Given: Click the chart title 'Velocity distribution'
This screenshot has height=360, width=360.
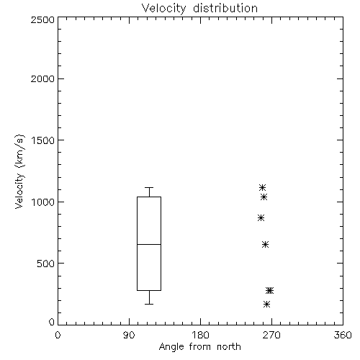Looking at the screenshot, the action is (x=199, y=8).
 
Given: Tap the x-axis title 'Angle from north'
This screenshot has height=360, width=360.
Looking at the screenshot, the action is (x=199, y=347).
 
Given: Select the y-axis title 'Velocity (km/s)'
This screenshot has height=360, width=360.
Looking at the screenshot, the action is (x=19, y=171).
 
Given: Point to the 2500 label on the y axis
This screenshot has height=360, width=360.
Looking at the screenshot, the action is (x=42, y=19).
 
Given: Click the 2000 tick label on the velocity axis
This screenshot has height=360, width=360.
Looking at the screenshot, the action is (x=42, y=78).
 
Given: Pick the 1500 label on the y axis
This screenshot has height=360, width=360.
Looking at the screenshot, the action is (x=43, y=140).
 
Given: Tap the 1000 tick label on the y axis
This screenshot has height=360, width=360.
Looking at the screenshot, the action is (x=43, y=202).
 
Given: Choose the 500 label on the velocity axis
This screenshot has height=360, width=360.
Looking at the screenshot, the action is (x=46, y=264).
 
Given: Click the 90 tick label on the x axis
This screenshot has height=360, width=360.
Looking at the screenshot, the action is (x=129, y=335).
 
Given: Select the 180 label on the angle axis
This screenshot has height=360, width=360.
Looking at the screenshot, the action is (x=200, y=335).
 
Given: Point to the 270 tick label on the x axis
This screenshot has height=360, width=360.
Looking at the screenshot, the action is (x=271, y=335).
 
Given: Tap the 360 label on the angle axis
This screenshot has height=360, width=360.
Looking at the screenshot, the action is (x=343, y=335).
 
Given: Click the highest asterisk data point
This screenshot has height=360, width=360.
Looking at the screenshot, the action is (x=262, y=187).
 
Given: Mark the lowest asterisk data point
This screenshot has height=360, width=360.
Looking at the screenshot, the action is (x=266, y=305).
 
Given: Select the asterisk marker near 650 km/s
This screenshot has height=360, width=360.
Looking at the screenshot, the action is (x=265, y=245).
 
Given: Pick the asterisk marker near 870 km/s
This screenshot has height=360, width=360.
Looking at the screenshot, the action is (x=261, y=218).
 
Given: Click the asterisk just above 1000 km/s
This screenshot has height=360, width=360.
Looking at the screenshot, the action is (x=264, y=197).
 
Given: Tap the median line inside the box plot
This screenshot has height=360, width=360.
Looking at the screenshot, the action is (x=149, y=244).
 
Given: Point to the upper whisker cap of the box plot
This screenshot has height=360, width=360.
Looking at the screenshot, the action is (x=149, y=187).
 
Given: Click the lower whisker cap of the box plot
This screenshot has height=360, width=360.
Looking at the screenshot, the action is (x=149, y=304).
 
